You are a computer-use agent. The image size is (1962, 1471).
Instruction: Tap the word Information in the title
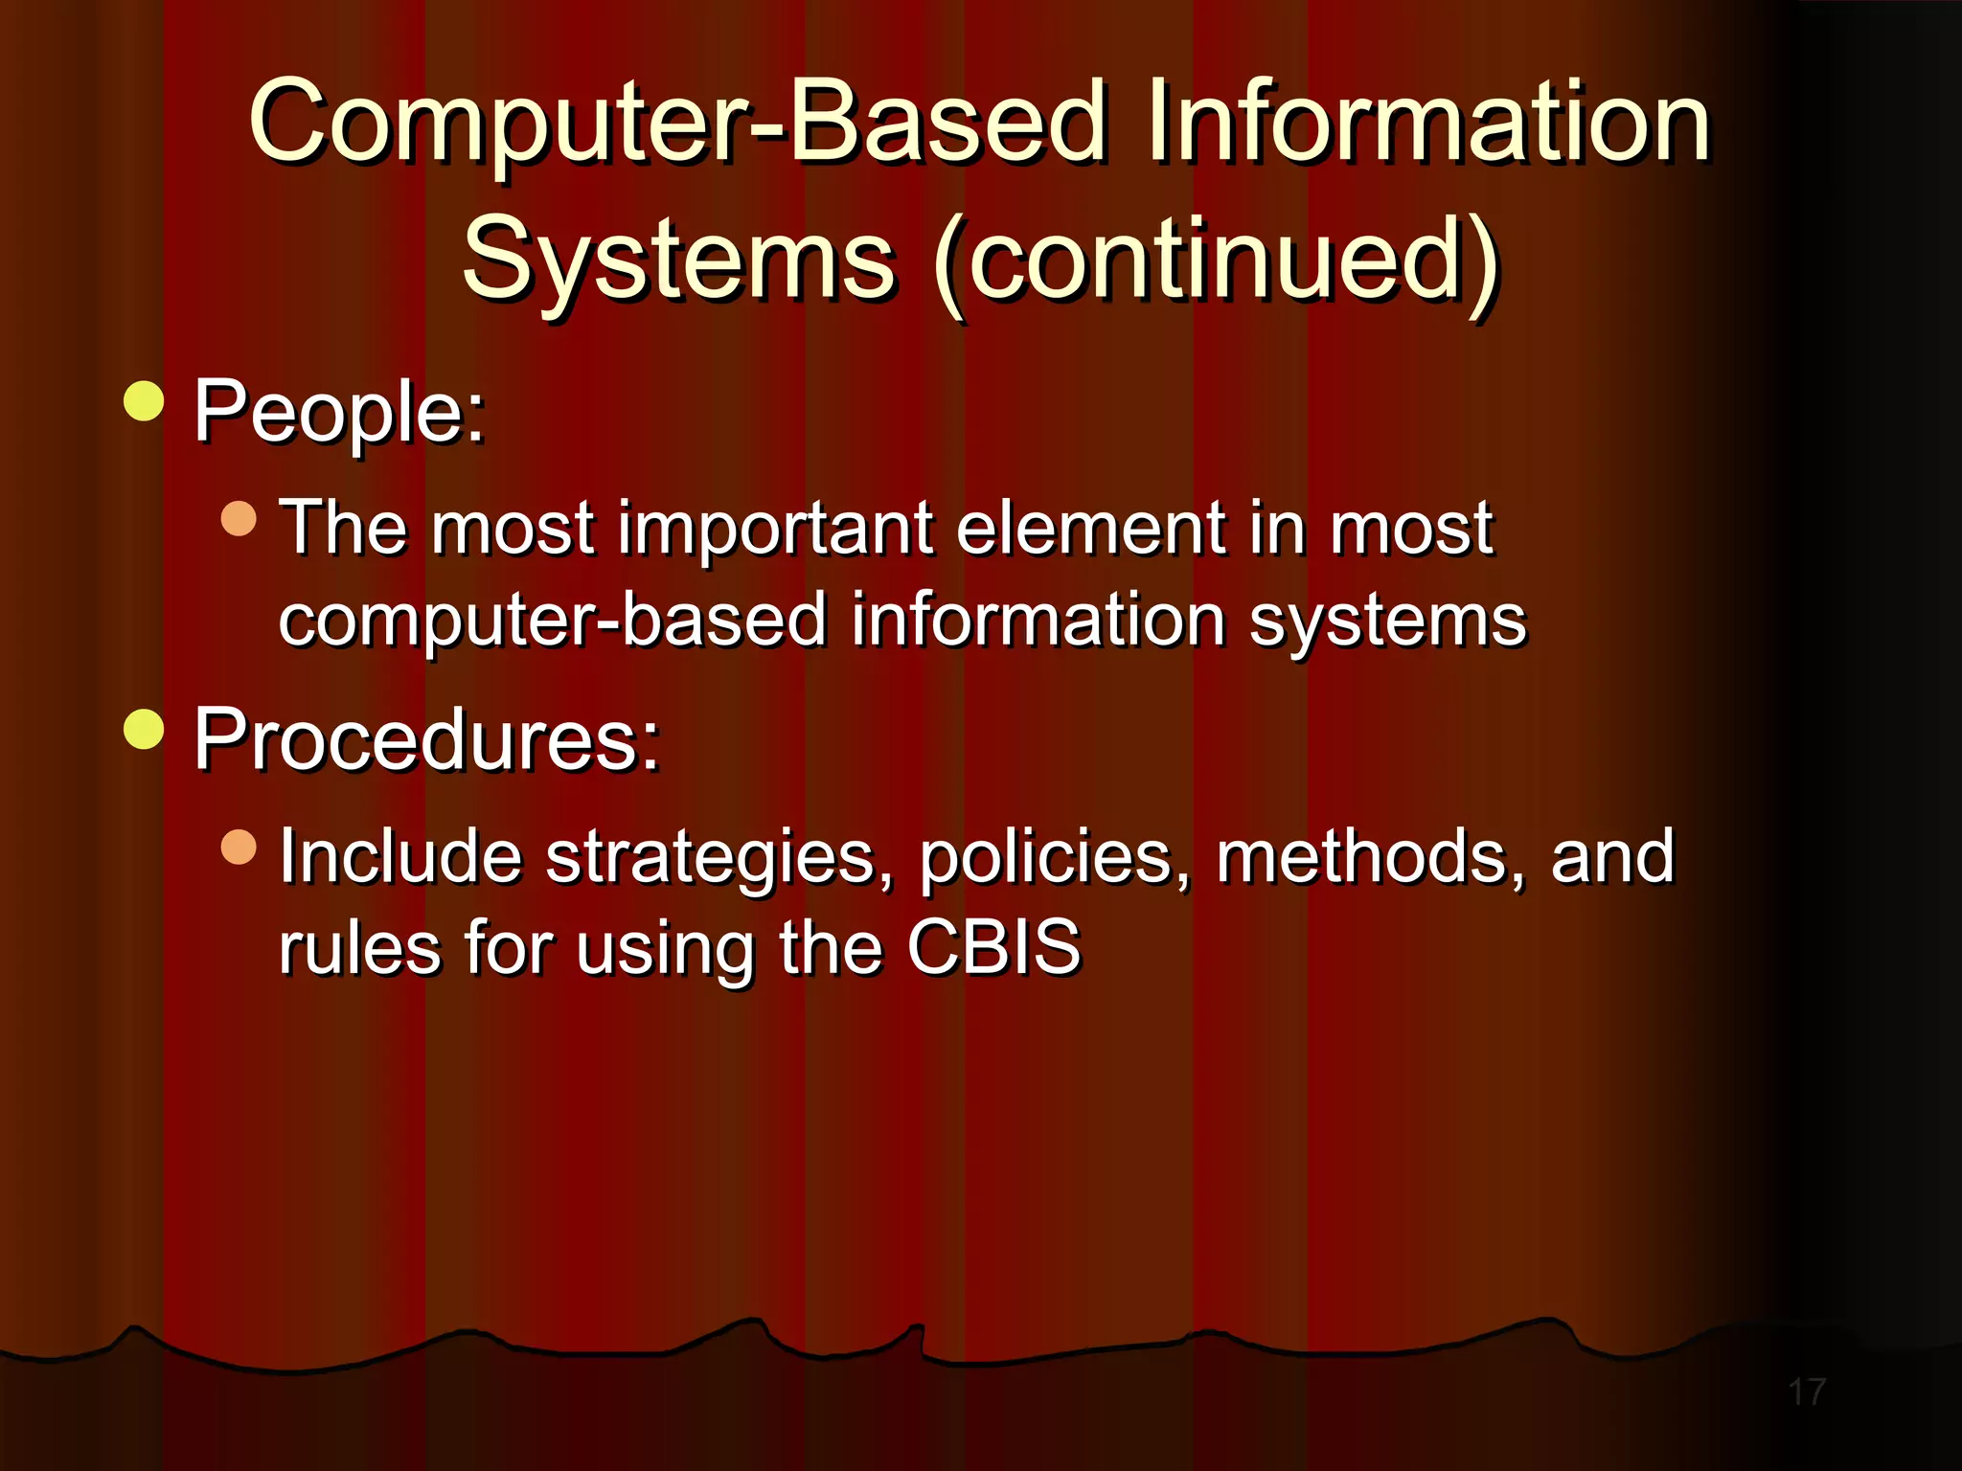pyautogui.click(x=1427, y=123)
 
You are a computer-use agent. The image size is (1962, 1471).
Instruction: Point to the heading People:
pyautogui.click(x=339, y=412)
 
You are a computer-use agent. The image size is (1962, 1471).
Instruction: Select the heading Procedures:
pyautogui.click(x=427, y=740)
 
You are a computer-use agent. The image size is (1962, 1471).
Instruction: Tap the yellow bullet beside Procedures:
pyautogui.click(x=145, y=730)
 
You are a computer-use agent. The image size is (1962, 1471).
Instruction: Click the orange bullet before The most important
pyautogui.click(x=239, y=518)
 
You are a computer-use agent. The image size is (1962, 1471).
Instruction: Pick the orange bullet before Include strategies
pyautogui.click(x=239, y=847)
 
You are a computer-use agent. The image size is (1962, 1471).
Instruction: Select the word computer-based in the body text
pyautogui.click(x=552, y=621)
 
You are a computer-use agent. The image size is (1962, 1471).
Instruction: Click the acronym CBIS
pyautogui.click(x=993, y=948)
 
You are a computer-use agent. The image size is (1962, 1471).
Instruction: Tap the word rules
pyautogui.click(x=360, y=948)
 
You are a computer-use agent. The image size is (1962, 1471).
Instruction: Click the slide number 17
pyautogui.click(x=1807, y=1392)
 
